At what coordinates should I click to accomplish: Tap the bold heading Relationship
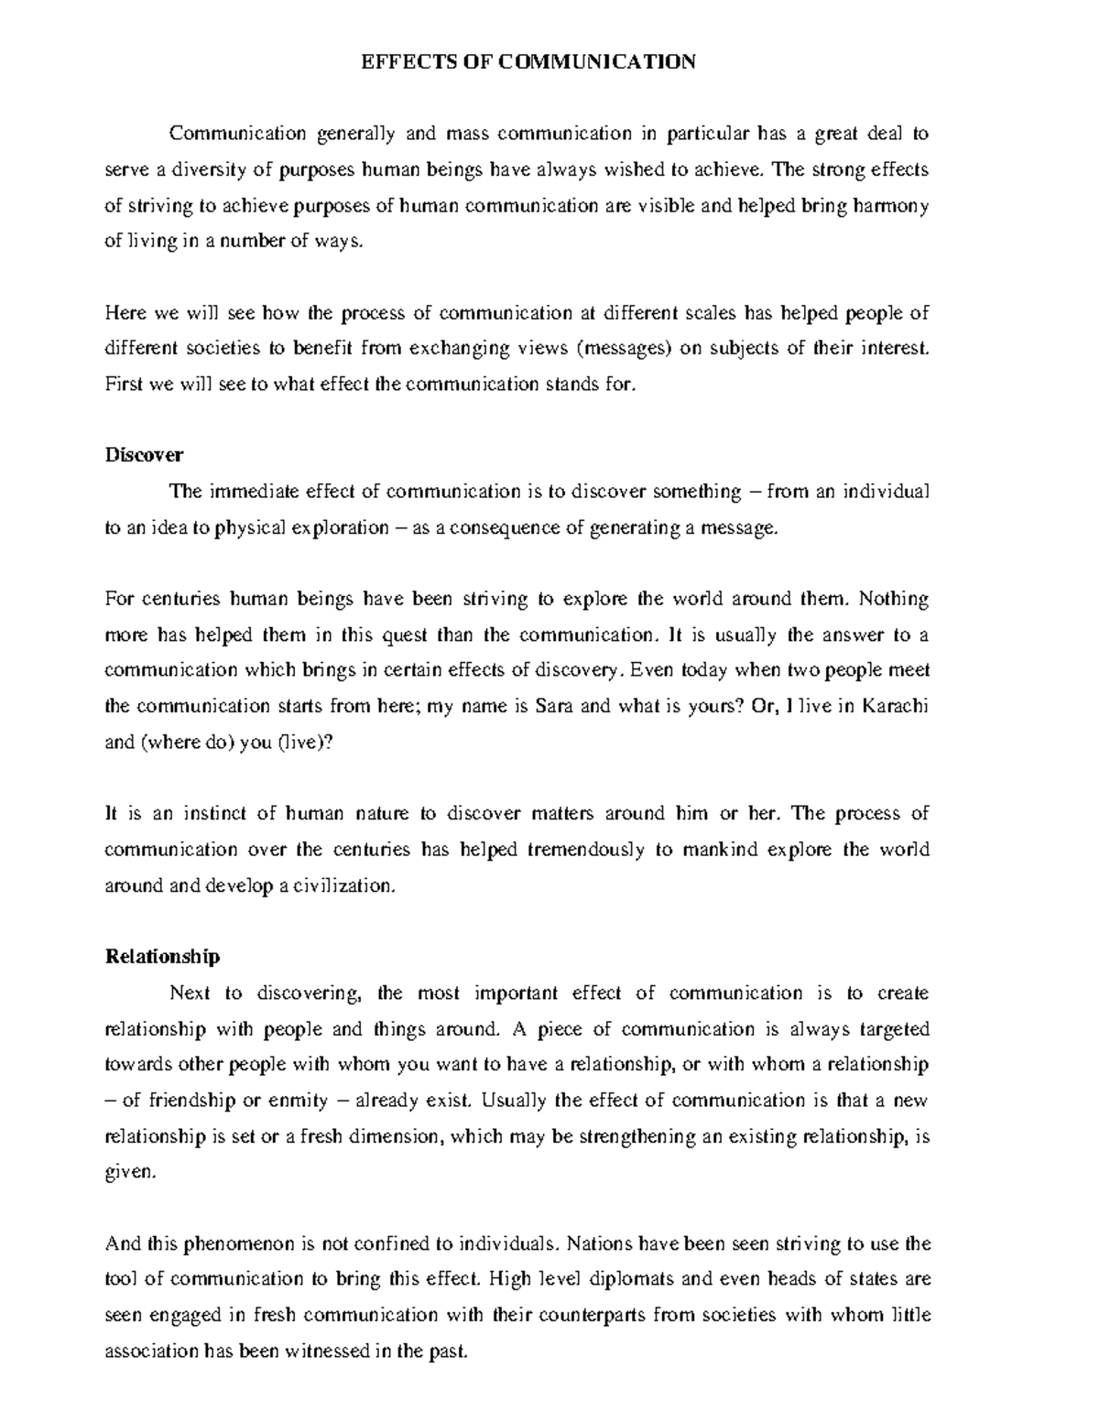point(163,957)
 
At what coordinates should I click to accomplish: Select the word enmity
point(295,1100)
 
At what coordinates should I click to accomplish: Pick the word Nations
point(600,1243)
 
